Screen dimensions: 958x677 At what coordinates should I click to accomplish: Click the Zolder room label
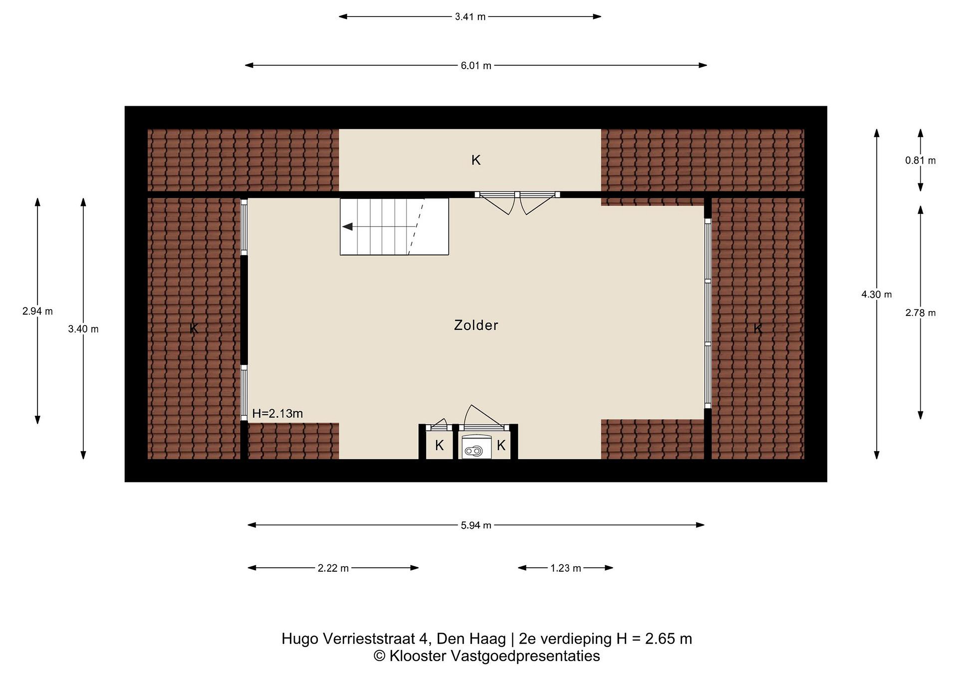476,325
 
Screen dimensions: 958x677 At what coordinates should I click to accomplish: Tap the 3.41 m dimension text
470,17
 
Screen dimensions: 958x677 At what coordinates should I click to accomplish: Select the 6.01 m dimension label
476,66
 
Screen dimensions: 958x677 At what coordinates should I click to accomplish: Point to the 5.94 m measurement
476,525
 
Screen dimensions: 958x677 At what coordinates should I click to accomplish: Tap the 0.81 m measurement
920,161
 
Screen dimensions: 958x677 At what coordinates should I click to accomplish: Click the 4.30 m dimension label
877,295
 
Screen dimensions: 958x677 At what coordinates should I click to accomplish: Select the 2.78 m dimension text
920,313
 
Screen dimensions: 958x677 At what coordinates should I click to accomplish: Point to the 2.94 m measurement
38,311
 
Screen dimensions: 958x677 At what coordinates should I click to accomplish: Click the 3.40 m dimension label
83,329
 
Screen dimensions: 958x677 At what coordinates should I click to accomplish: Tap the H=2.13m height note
277,413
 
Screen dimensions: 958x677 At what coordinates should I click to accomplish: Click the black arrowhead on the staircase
347,227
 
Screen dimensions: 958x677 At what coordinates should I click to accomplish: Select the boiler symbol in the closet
474,451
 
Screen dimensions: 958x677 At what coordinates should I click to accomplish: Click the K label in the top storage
476,160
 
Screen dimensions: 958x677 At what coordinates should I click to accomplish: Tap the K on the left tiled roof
194,328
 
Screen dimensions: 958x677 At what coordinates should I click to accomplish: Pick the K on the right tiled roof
758,328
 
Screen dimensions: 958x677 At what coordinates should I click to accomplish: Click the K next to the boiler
501,446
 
